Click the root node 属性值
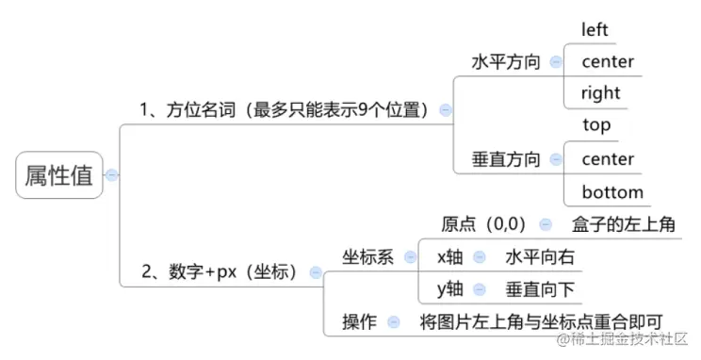58,175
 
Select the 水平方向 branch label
506,61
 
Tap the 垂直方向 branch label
506,159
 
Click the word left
595,29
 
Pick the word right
601,92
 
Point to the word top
596,124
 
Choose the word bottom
612,192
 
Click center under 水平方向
608,61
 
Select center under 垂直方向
608,159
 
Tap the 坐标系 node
367,256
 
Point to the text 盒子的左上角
623,225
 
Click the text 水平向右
539,256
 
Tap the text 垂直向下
539,288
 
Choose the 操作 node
359,321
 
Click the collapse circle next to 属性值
112,175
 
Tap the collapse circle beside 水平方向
555,61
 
